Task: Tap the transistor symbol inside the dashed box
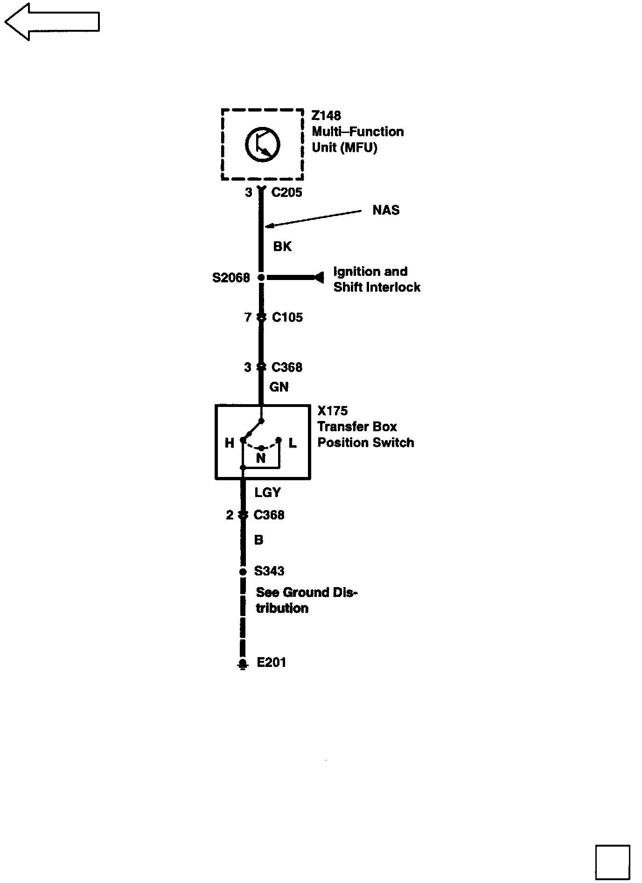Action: coord(262,144)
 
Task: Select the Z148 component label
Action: coord(327,115)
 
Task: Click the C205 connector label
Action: coord(286,192)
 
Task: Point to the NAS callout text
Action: coord(386,210)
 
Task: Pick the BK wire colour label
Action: coord(282,246)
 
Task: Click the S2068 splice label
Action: coord(231,278)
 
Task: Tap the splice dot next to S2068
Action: coord(261,278)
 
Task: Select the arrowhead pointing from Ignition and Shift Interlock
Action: coord(319,278)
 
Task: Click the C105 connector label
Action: coord(287,317)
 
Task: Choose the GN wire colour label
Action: coord(279,387)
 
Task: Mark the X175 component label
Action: coord(332,411)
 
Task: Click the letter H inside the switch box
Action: coord(229,443)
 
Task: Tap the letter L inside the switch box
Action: coord(293,443)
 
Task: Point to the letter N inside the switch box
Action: coord(261,458)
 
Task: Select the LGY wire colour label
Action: coord(267,492)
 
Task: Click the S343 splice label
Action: coord(269,571)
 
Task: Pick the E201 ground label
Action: coord(271,662)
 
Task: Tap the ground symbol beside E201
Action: coord(242,664)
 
